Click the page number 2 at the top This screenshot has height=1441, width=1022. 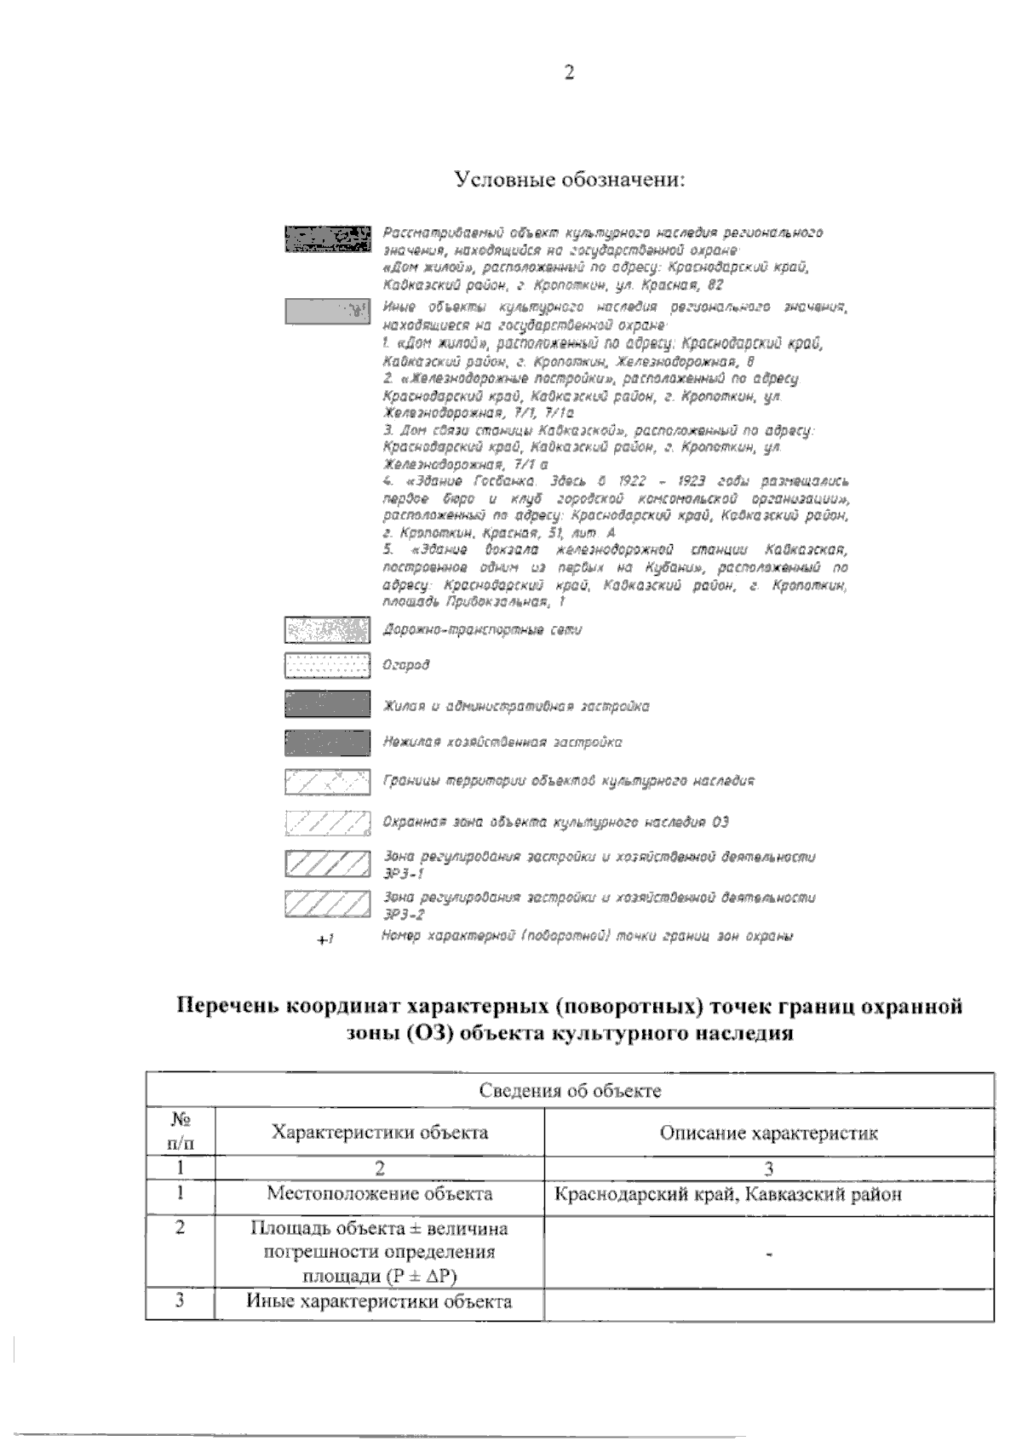tap(569, 73)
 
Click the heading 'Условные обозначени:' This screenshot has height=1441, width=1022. tap(570, 180)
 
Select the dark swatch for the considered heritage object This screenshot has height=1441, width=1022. tap(328, 239)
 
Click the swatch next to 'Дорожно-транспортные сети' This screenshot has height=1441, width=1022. tap(328, 631)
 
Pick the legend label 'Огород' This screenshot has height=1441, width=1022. tap(405, 665)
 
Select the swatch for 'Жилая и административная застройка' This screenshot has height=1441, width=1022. tap(328, 705)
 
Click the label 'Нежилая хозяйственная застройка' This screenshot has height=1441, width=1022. tap(502, 743)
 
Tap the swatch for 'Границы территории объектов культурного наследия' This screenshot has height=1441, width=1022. tap(328, 781)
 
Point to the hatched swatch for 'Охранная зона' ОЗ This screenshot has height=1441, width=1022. tap(328, 823)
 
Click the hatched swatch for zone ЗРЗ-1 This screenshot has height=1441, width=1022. tap(328, 863)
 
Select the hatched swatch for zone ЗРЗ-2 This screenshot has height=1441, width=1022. tap(328, 903)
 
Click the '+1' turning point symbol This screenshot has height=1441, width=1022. tap(324, 940)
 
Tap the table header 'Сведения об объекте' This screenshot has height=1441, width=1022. tap(570, 1091)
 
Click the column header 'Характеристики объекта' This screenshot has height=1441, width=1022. tap(379, 1133)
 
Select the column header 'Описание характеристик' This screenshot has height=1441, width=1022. tap(768, 1134)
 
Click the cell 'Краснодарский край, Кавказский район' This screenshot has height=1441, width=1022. tap(728, 1195)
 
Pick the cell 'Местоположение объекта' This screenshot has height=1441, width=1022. tap(379, 1194)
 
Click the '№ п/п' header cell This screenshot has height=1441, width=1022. tap(180, 1132)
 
